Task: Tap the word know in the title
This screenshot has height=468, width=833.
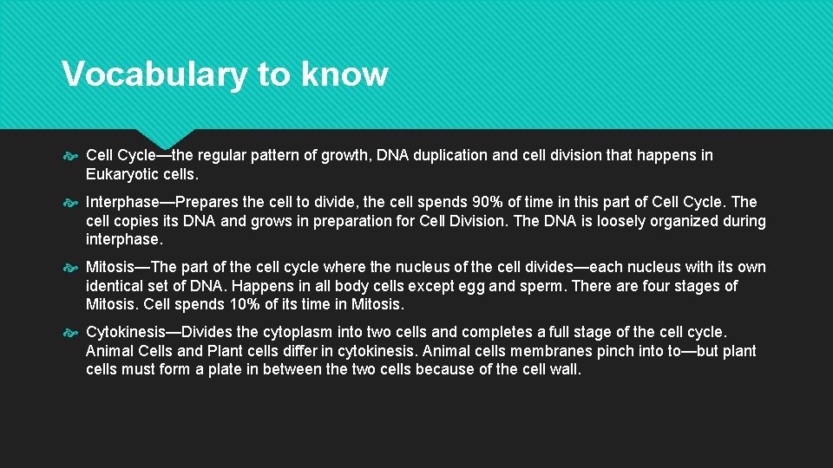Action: [x=344, y=75]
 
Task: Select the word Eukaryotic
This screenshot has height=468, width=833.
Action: [x=125, y=174]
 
